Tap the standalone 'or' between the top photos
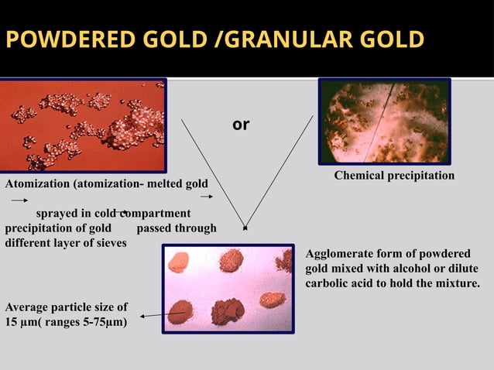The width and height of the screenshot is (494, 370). (x=241, y=124)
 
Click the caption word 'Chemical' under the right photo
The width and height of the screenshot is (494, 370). (x=359, y=176)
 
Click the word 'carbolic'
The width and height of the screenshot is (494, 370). (x=328, y=283)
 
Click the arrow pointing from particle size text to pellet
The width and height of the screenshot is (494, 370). (x=163, y=314)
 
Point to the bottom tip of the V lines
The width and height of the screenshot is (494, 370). (x=245, y=228)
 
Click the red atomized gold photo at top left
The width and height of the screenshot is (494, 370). (x=83, y=125)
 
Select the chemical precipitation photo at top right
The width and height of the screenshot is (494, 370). (x=384, y=122)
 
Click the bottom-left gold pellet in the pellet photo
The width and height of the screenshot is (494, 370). (x=180, y=310)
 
